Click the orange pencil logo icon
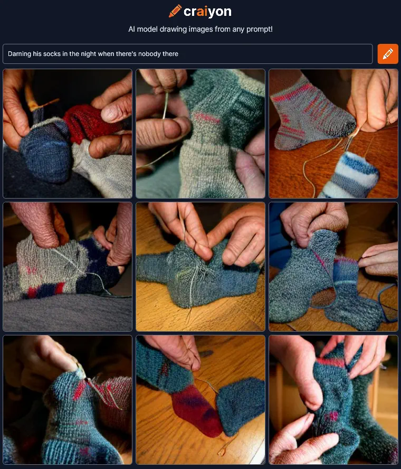(175, 11)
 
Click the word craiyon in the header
(207, 12)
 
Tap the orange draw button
(388, 54)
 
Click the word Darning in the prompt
(20, 54)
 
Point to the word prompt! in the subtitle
(260, 30)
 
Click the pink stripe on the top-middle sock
(206, 118)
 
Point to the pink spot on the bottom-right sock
(332, 416)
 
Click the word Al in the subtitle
(131, 30)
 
